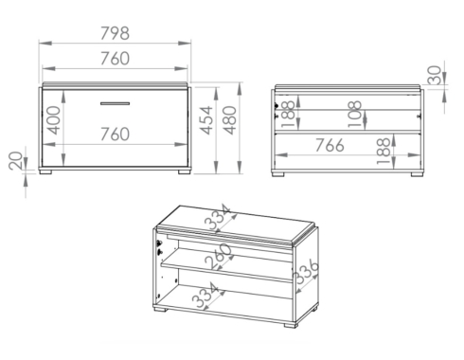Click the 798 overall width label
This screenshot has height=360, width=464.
(x=115, y=33)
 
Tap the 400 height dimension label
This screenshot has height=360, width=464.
(x=53, y=120)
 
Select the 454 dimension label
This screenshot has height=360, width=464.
(x=206, y=120)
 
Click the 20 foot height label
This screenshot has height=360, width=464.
(x=16, y=161)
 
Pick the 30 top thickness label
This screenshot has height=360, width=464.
(x=435, y=75)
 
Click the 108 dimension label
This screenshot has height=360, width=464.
(x=355, y=114)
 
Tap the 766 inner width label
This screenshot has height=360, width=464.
(x=330, y=145)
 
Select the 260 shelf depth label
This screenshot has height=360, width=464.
(x=218, y=257)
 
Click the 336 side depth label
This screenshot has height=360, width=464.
(x=306, y=271)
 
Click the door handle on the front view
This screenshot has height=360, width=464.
(x=115, y=103)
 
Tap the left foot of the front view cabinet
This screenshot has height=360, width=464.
(x=45, y=172)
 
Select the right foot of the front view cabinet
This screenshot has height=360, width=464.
(x=185, y=172)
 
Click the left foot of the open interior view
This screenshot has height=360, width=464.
(x=278, y=174)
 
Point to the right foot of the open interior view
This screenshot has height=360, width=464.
(x=417, y=174)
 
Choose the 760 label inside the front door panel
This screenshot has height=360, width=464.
(x=115, y=134)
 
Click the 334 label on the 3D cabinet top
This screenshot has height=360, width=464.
(x=218, y=217)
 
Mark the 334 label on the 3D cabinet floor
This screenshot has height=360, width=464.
(x=205, y=296)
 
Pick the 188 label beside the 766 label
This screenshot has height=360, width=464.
(x=384, y=151)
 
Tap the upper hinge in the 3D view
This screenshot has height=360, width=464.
(x=159, y=243)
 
